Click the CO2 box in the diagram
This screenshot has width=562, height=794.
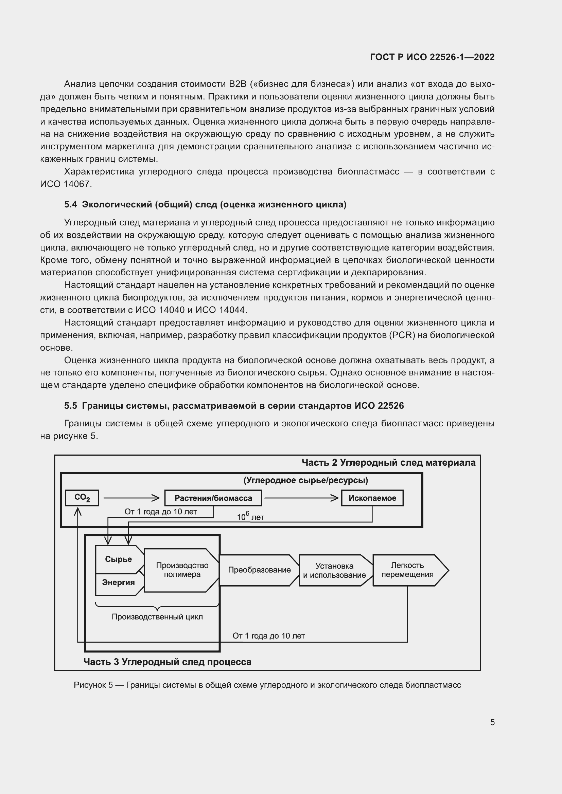(x=82, y=498)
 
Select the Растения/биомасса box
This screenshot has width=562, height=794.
(x=213, y=498)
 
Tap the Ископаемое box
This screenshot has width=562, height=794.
(x=372, y=498)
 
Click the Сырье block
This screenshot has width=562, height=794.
(x=118, y=559)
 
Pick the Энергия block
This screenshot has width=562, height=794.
(x=118, y=583)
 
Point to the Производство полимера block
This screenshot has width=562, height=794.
(x=182, y=570)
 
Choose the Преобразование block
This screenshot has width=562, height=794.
(x=259, y=570)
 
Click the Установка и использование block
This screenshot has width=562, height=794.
(x=334, y=570)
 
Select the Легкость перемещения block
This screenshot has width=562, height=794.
(x=407, y=570)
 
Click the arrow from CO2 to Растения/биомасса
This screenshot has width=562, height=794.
(x=131, y=498)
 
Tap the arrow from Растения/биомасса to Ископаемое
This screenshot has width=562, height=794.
(x=301, y=498)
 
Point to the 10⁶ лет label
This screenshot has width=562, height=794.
(x=250, y=517)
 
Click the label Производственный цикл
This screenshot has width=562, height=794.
(x=157, y=617)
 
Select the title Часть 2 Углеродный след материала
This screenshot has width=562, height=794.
(x=388, y=463)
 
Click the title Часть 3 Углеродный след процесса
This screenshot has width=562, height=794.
(x=167, y=662)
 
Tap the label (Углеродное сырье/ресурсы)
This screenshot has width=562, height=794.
(x=305, y=480)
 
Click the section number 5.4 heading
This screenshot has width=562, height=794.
(x=71, y=205)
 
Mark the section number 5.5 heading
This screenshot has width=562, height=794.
(x=71, y=406)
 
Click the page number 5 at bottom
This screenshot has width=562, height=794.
(x=492, y=722)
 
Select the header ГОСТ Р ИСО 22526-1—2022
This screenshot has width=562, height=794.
(x=432, y=57)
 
